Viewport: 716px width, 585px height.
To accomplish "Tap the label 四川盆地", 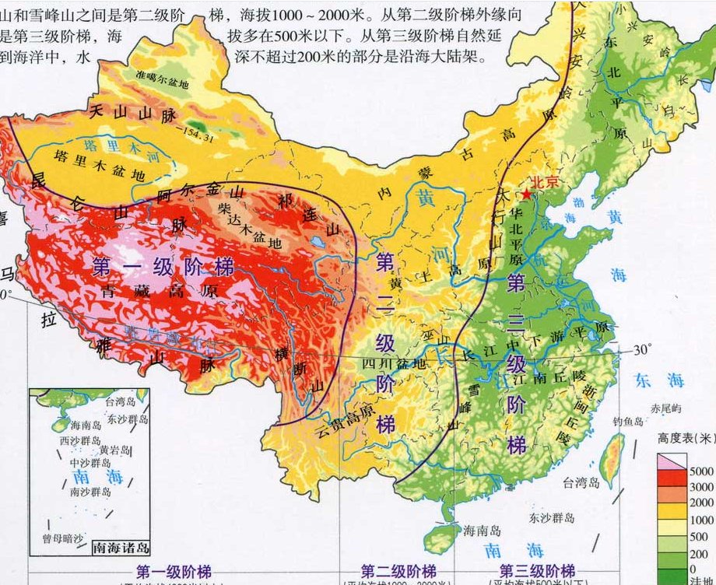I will tap(397, 363).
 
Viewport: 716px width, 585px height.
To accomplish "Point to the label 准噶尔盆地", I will tap(163, 79).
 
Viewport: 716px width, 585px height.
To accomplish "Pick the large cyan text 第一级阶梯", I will tap(163, 267).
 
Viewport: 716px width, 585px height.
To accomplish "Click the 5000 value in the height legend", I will tap(700, 471).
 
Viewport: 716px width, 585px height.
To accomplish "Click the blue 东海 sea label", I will tap(658, 380).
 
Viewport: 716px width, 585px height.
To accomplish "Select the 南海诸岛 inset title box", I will tap(121, 547).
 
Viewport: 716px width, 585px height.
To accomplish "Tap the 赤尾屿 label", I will tap(667, 408).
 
